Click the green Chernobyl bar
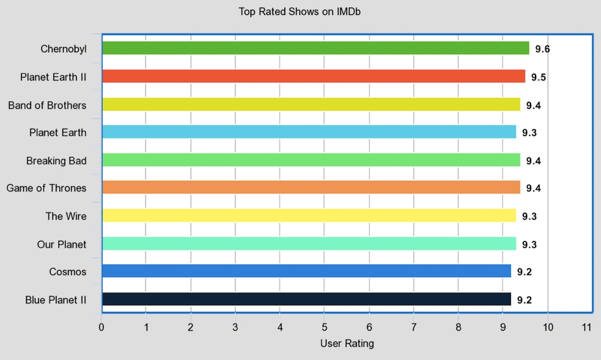point(316,48)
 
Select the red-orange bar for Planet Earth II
point(313,76)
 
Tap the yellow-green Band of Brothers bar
point(311,104)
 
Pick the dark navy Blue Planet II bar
point(307,300)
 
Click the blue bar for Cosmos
point(307,272)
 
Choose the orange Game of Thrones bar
point(311,188)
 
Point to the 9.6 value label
point(542,49)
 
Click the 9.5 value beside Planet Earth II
point(538,77)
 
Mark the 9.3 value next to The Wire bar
point(529,217)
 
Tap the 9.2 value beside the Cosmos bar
point(524,272)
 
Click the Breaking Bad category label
point(57,161)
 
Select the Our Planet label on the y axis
point(62,244)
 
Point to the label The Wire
point(66,216)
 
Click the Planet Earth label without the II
point(58,133)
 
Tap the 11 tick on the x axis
point(587,327)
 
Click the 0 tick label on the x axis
point(101,327)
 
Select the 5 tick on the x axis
point(325,327)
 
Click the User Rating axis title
point(347,343)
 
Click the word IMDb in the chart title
point(349,11)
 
